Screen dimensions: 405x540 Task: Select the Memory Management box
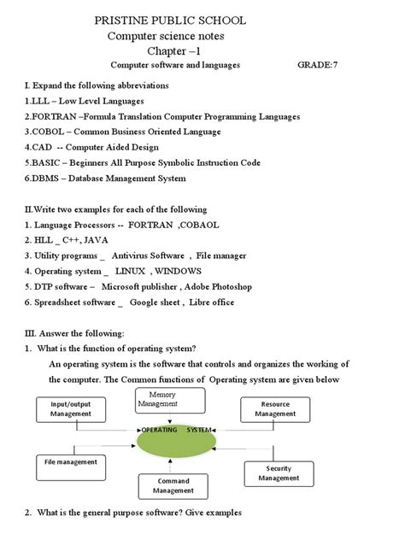click(170, 399)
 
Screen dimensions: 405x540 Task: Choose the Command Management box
click(173, 485)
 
